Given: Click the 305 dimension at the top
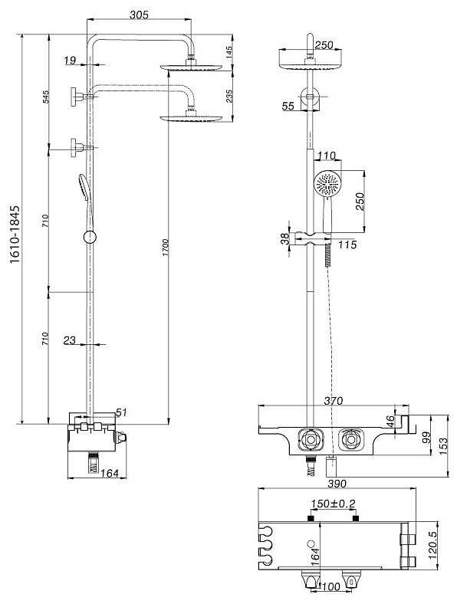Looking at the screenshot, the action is click(x=139, y=15).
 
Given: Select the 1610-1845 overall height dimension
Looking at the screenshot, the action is click(x=15, y=235).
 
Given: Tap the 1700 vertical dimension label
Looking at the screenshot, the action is click(x=166, y=248).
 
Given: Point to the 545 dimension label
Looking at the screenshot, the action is click(x=46, y=97).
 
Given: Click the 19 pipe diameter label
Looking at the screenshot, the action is click(x=70, y=60).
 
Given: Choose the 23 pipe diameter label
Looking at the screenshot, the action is click(x=70, y=340).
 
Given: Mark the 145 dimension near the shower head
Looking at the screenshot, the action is click(x=229, y=52).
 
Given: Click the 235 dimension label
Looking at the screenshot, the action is click(x=229, y=96).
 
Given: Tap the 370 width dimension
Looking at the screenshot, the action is click(x=333, y=401).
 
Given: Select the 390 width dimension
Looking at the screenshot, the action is click(x=337, y=484).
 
